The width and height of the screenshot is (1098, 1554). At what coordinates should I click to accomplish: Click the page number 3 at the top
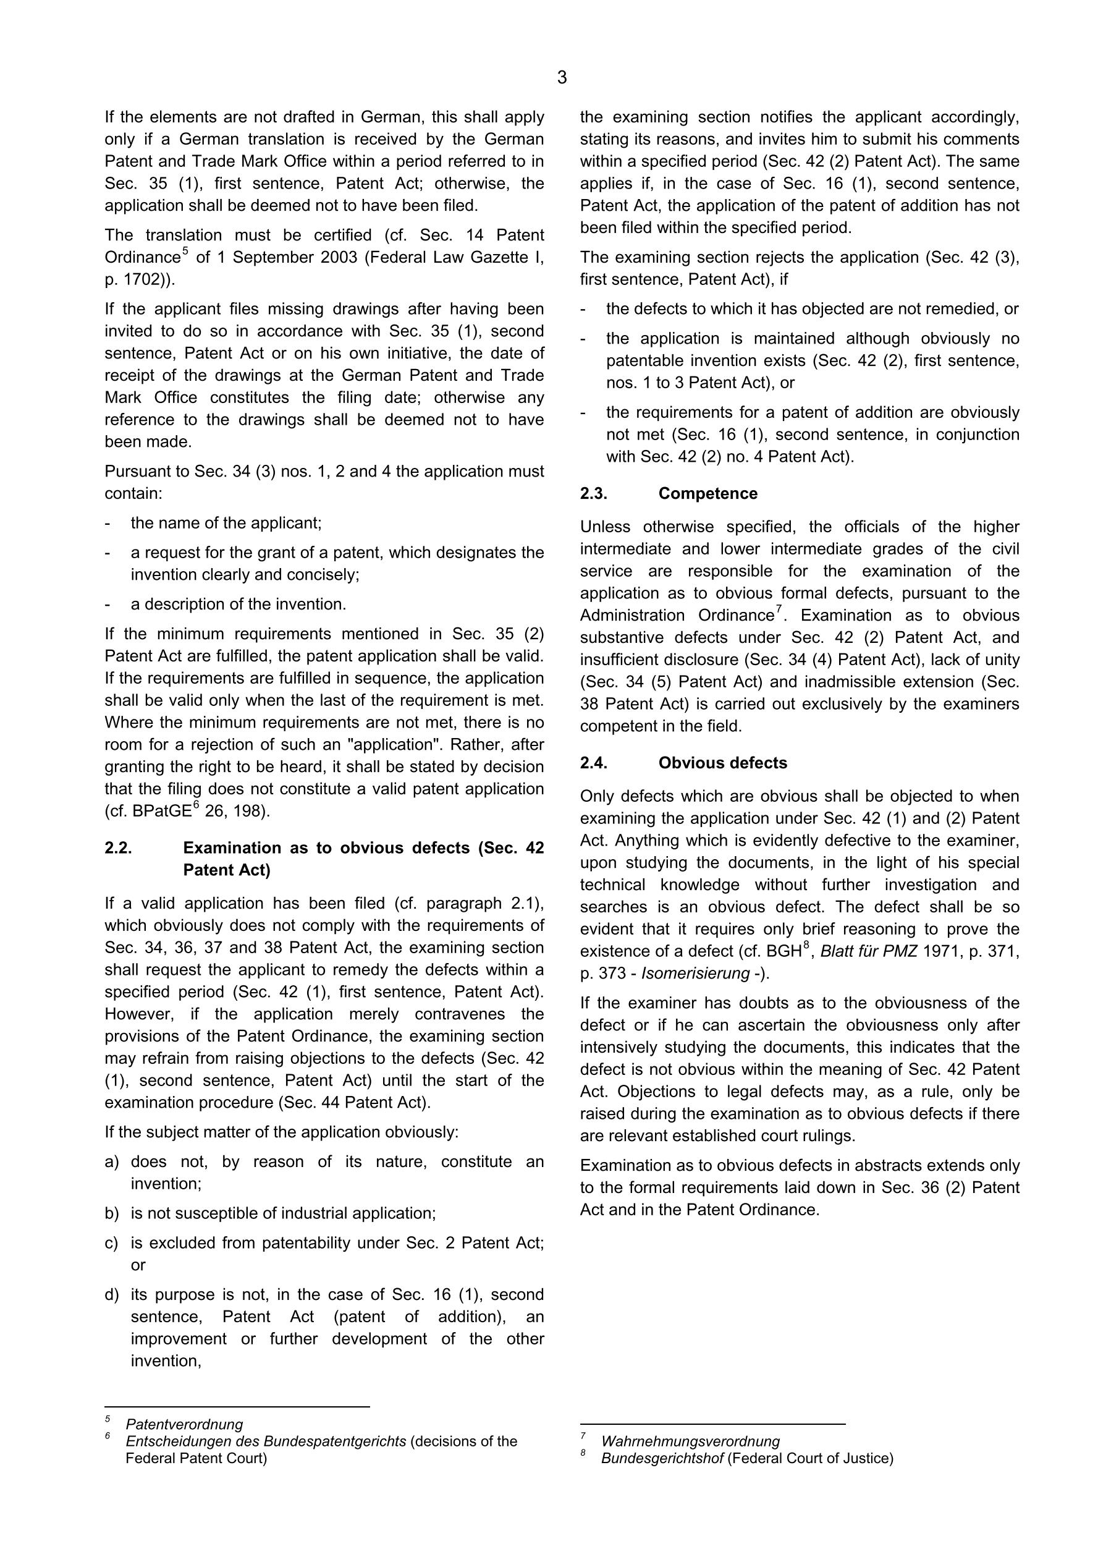click(562, 78)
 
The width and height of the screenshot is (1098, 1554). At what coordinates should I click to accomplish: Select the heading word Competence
click(707, 493)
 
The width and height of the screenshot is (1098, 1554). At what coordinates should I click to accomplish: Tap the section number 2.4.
click(593, 763)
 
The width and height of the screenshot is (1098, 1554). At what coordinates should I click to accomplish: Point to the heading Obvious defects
click(722, 763)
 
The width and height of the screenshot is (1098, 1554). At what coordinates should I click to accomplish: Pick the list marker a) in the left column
click(112, 1162)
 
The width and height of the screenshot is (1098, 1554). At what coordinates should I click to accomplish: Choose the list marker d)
click(112, 1295)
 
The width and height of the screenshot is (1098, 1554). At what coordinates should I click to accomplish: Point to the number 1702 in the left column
click(138, 279)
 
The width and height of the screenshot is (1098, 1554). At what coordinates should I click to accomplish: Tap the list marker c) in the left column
click(112, 1243)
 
